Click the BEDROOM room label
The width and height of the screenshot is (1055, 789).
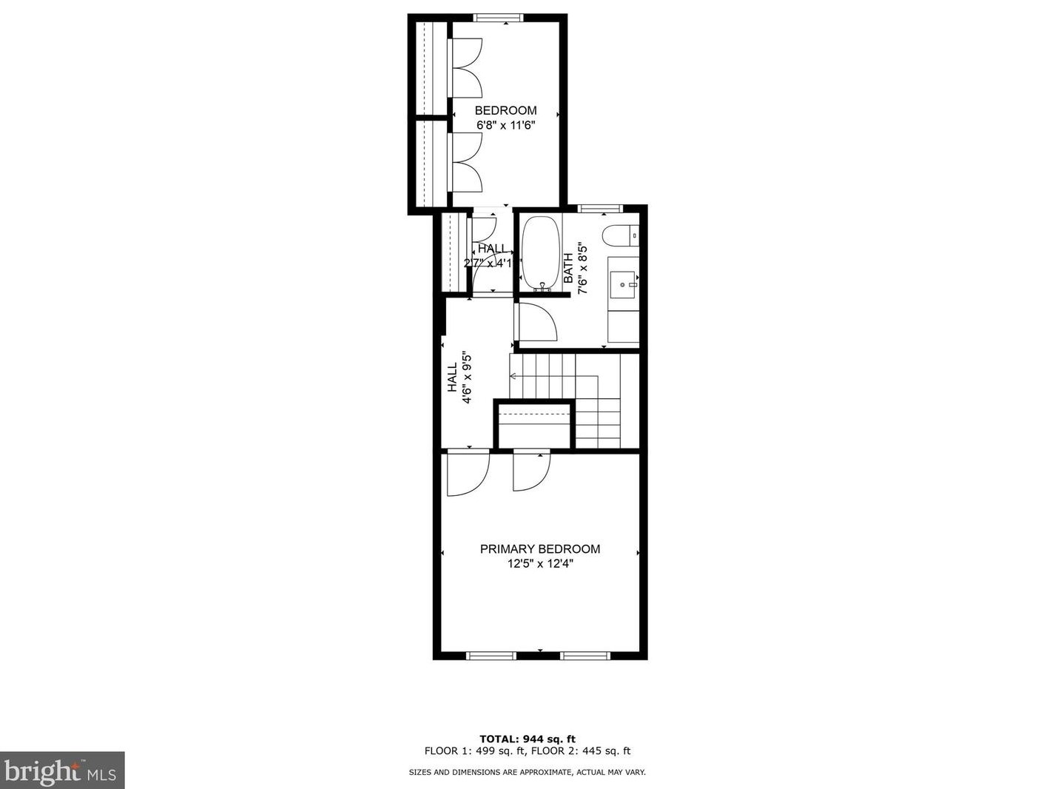(x=505, y=111)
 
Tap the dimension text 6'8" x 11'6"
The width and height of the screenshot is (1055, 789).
(x=505, y=126)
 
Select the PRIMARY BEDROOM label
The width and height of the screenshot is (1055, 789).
(x=540, y=549)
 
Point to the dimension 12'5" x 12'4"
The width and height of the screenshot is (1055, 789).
(x=540, y=564)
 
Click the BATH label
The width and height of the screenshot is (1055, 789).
(x=568, y=269)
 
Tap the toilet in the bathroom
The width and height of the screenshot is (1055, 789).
(x=618, y=235)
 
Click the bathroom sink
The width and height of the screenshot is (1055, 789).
(x=623, y=283)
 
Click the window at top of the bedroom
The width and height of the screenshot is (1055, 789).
(x=499, y=18)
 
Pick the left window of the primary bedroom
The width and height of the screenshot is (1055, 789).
(x=491, y=655)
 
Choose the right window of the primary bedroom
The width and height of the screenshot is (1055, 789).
(x=584, y=655)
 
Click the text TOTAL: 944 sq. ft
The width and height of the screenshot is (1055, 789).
(x=527, y=739)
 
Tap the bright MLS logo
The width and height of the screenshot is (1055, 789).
(x=62, y=770)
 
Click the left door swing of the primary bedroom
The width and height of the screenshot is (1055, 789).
(x=468, y=474)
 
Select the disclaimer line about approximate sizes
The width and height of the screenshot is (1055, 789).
(x=527, y=772)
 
